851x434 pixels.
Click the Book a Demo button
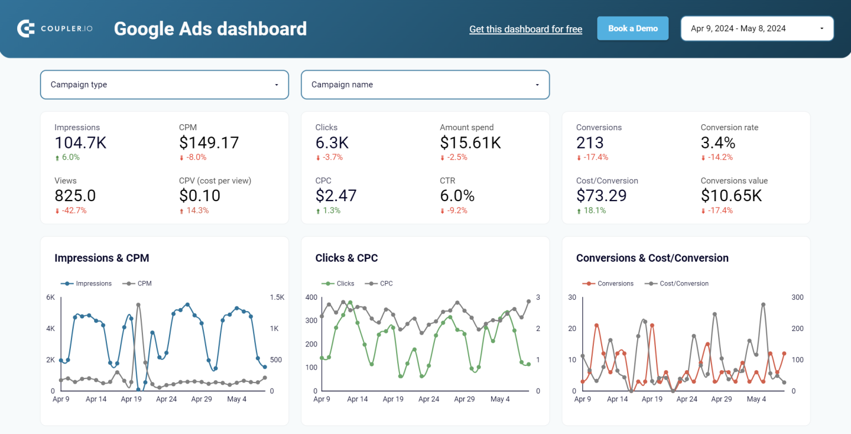coord(633,28)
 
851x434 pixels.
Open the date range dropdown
coord(757,28)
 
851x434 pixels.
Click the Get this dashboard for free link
coord(525,29)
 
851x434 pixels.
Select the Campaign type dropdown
coord(165,85)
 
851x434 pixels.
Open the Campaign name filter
coord(425,85)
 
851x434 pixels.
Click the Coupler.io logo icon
coord(26,28)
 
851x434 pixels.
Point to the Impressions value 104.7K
coord(80,142)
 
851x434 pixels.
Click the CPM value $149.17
coord(209,142)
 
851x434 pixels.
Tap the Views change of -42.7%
coord(70,211)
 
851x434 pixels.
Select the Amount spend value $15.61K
coord(470,142)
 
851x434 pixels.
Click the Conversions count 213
coord(589,142)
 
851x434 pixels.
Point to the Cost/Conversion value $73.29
coord(601,196)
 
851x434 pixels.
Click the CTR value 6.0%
coord(457,196)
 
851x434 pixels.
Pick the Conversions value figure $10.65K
coord(731,196)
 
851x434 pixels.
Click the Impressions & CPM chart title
coord(101,258)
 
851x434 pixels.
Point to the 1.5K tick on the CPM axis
coord(277,298)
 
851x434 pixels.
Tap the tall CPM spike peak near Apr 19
coord(138,305)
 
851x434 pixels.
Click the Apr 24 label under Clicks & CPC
coord(429,399)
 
